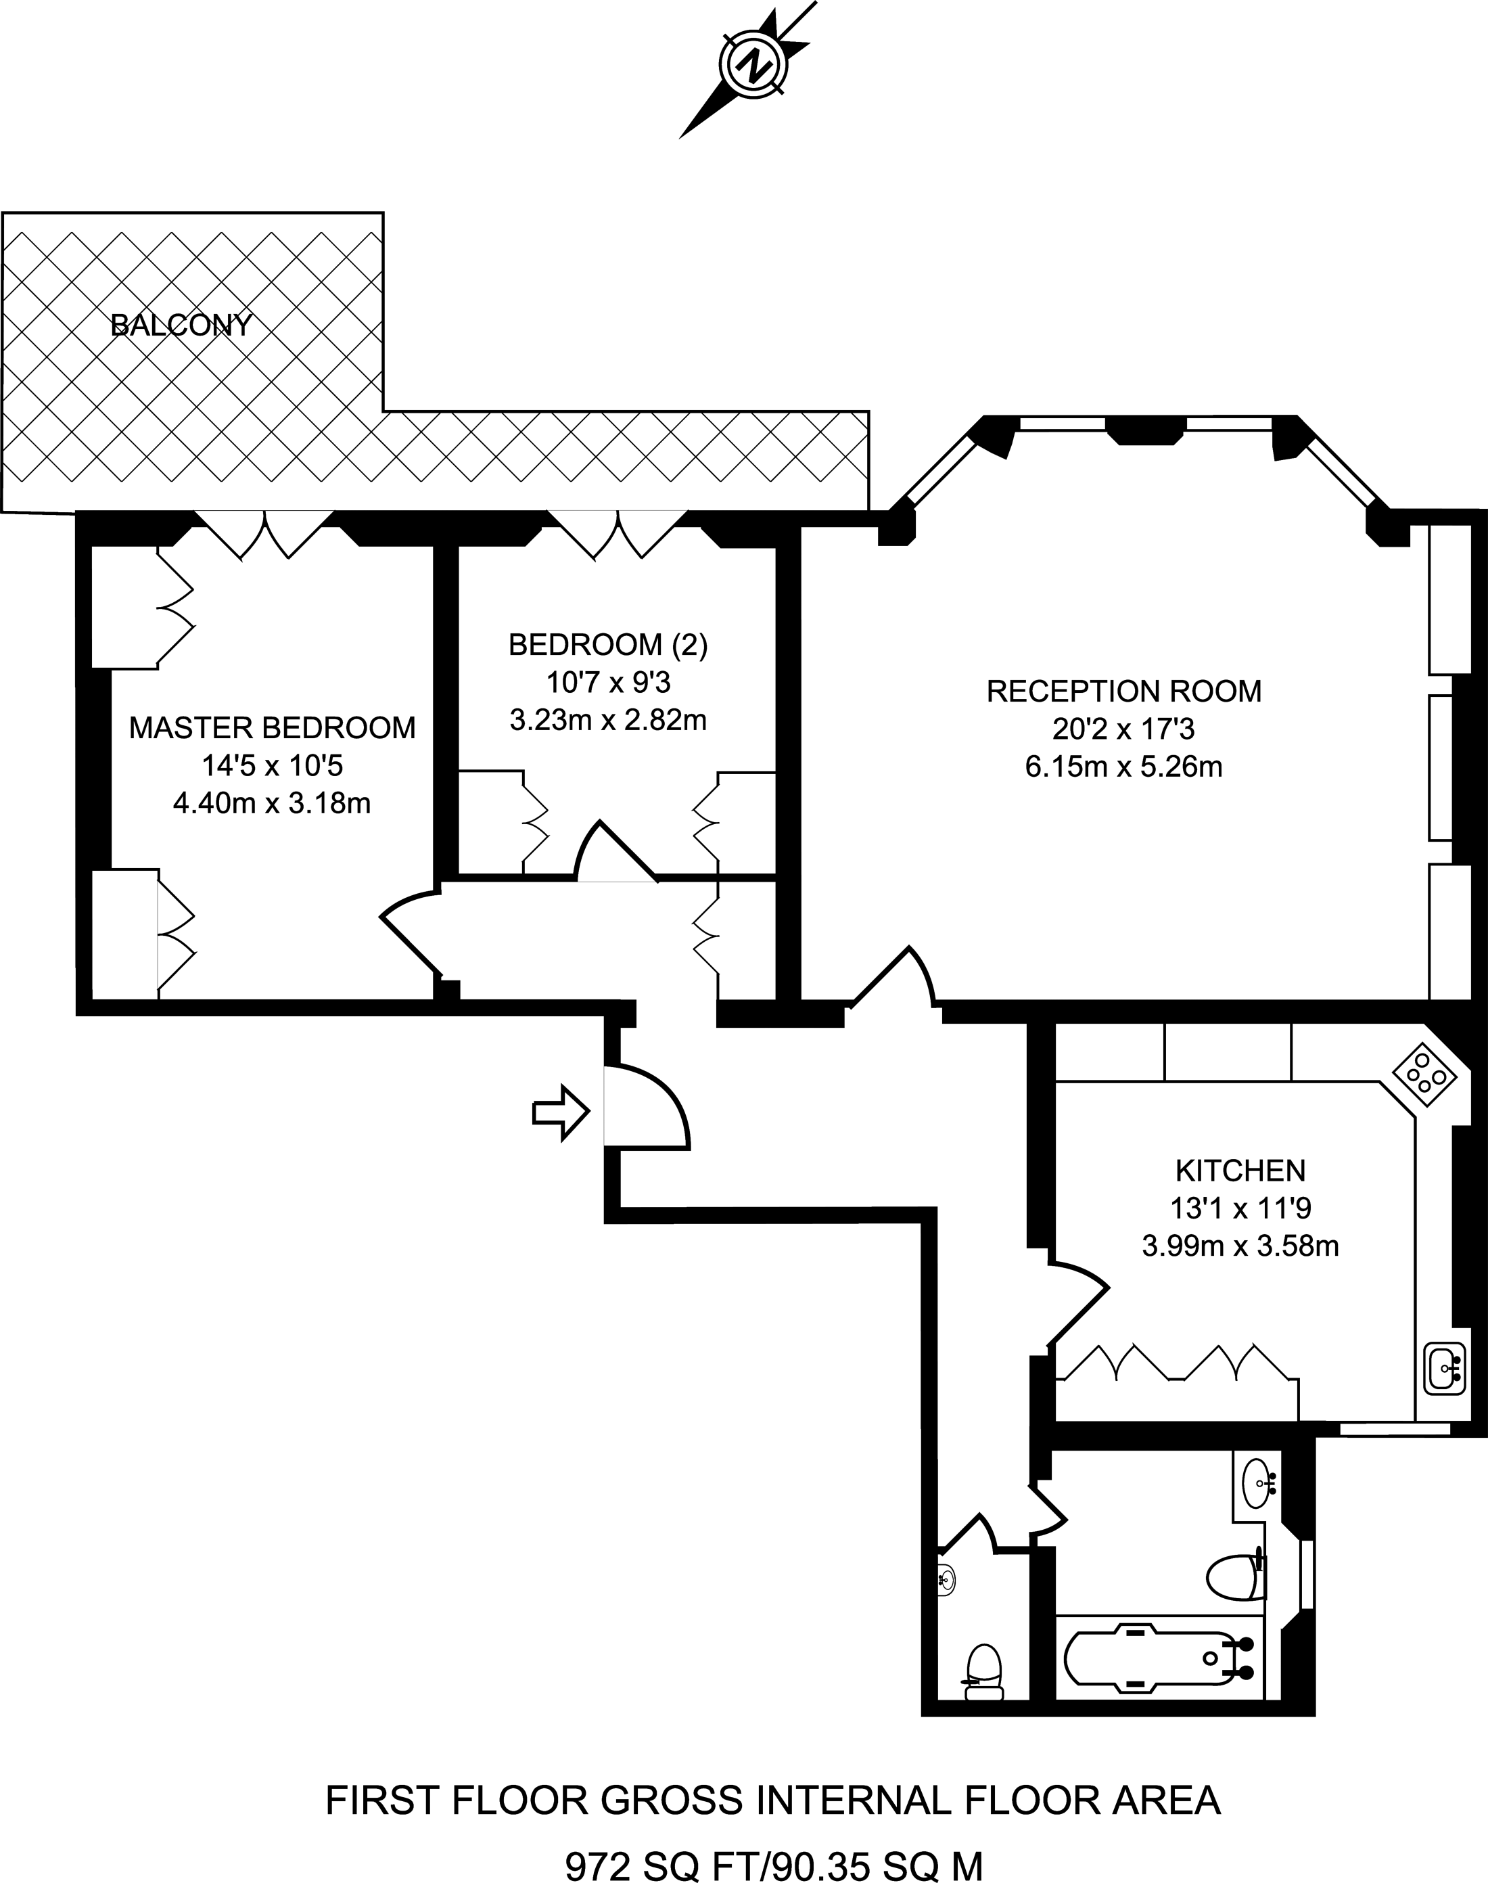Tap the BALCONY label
(x=181, y=325)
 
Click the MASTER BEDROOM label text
(x=272, y=727)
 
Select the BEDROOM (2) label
(x=608, y=645)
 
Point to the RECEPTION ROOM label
(x=1124, y=691)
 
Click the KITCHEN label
(x=1240, y=1171)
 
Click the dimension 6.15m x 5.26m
(x=1124, y=767)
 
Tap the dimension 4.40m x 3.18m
(x=272, y=802)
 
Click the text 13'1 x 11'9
(x=1240, y=1208)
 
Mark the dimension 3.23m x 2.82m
(x=608, y=721)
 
